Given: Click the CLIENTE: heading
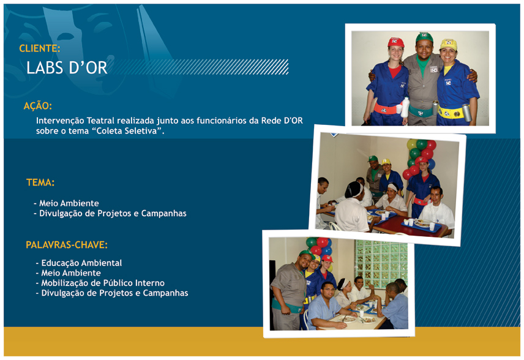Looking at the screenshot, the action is pyautogui.click(x=40, y=48).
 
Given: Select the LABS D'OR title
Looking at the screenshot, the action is pyautogui.click(x=67, y=68).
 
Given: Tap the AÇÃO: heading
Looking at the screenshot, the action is pyautogui.click(x=38, y=106).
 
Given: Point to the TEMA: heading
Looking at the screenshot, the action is pyautogui.click(x=40, y=182).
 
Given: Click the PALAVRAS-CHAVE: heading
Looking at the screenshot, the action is pyautogui.click(x=67, y=245).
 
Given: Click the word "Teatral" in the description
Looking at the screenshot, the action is pyautogui.click(x=100, y=121).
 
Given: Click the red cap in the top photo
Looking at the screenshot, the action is pyautogui.click(x=395, y=42).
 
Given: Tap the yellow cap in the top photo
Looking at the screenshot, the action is pyautogui.click(x=449, y=44).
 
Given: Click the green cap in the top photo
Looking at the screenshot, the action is pyautogui.click(x=424, y=37).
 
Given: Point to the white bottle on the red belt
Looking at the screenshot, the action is pyautogui.click(x=405, y=107).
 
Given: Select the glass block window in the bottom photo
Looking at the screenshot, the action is pyautogui.click(x=381, y=264).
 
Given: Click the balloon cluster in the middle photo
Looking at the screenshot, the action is pyautogui.click(x=420, y=158).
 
